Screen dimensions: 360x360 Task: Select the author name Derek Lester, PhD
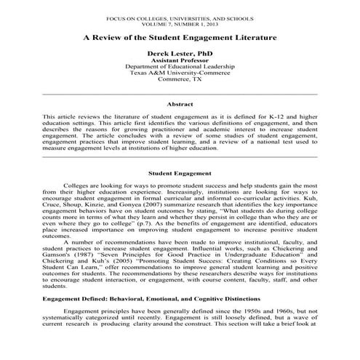(x=180, y=55)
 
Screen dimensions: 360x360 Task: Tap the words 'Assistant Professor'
(x=180, y=63)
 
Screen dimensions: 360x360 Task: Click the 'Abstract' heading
(x=180, y=104)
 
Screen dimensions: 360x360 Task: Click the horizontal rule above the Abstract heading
(x=180, y=95)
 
